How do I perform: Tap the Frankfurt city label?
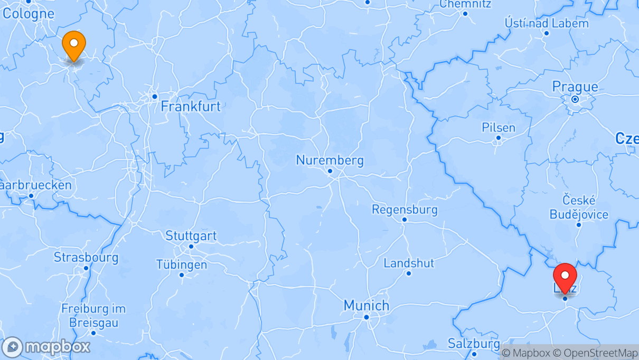pos(191,106)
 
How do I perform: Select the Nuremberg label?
pos(330,160)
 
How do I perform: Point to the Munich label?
pos(366,305)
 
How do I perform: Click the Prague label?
pos(575,87)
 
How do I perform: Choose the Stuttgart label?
pos(191,235)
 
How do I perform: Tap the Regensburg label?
pos(405,210)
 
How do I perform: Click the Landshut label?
pos(409,263)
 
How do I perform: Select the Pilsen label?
pos(498,128)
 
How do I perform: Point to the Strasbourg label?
pos(86,258)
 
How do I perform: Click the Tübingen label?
pos(182,264)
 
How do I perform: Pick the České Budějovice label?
pos(579,207)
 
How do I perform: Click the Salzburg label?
pos(474,343)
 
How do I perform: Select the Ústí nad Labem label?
pos(547,23)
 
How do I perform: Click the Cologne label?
pos(29,13)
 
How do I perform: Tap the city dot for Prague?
pos(575,99)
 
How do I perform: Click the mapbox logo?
pos(46,347)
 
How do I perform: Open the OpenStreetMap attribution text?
pos(595,353)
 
